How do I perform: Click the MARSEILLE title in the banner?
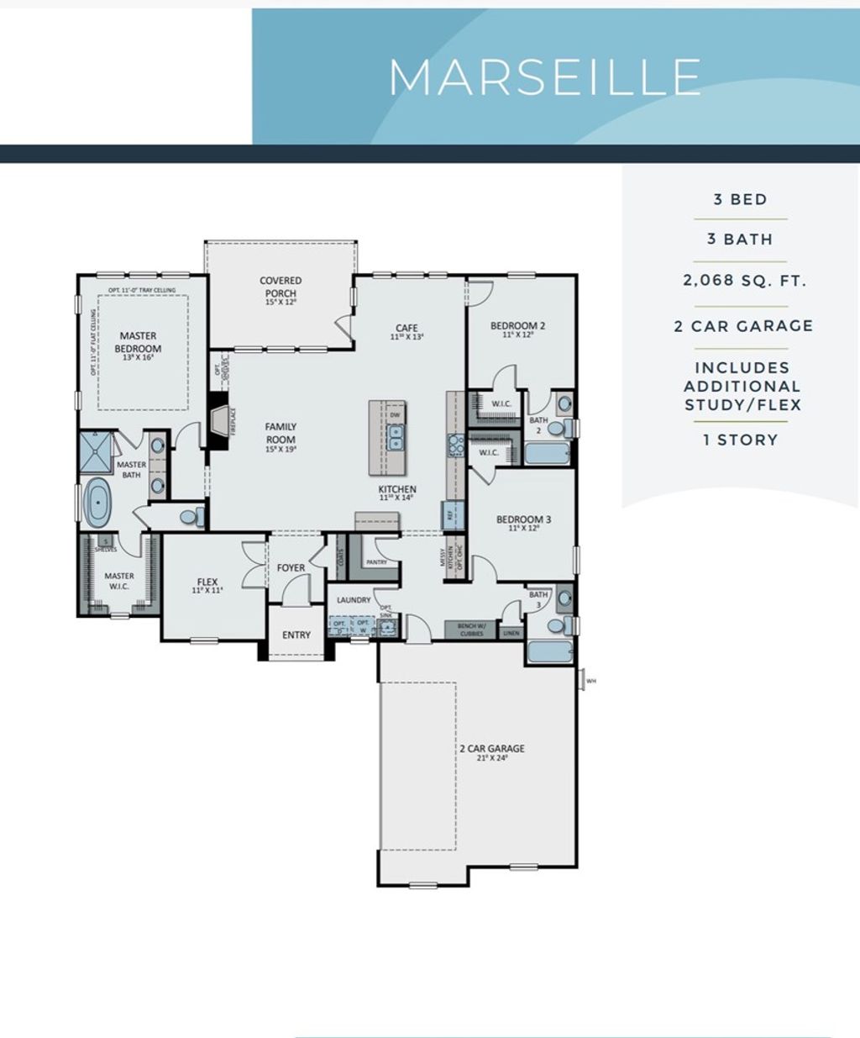[x=544, y=77]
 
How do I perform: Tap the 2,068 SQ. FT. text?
[x=744, y=281]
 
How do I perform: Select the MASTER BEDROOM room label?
[x=138, y=342]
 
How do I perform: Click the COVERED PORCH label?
[x=281, y=287]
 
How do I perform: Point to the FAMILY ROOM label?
[x=281, y=433]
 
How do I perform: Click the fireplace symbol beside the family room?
[x=221, y=419]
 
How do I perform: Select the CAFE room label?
[x=406, y=329]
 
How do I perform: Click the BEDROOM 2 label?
[x=518, y=326]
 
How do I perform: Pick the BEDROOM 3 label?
[x=523, y=519]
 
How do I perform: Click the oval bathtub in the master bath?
[x=98, y=503]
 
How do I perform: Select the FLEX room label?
[x=207, y=582]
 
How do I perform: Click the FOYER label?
[x=291, y=568]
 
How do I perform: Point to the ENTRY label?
[x=296, y=635]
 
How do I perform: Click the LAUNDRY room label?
[x=354, y=600]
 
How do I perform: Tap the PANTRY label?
[x=377, y=562]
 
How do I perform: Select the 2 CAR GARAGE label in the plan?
[x=492, y=748]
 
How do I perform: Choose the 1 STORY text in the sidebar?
[x=741, y=440]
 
